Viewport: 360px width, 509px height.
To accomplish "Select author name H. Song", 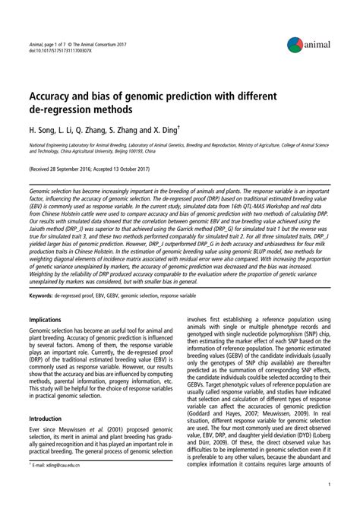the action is pos(45,134).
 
